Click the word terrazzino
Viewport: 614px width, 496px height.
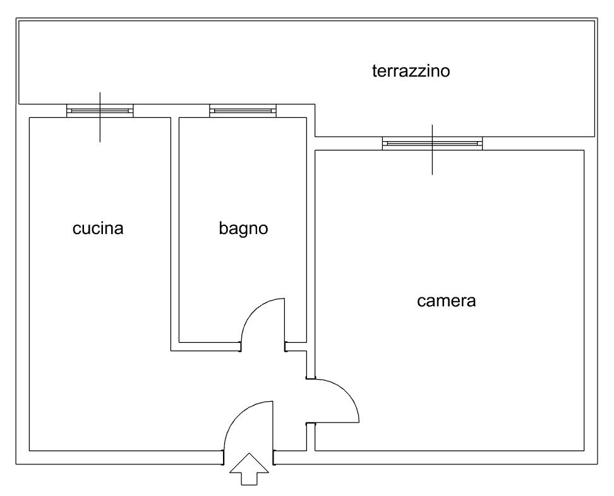click(x=411, y=71)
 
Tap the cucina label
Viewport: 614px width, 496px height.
click(x=98, y=228)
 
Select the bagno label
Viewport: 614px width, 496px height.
click(x=243, y=229)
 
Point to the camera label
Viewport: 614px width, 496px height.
click(x=446, y=301)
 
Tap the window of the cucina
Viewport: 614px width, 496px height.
click(x=100, y=111)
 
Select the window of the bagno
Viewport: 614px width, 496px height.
click(x=243, y=111)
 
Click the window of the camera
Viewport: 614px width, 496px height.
click(x=432, y=144)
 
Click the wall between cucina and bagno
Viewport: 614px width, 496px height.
click(x=175, y=228)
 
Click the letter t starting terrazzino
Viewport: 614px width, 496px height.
click(x=375, y=71)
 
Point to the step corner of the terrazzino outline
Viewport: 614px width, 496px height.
click(x=315, y=137)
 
